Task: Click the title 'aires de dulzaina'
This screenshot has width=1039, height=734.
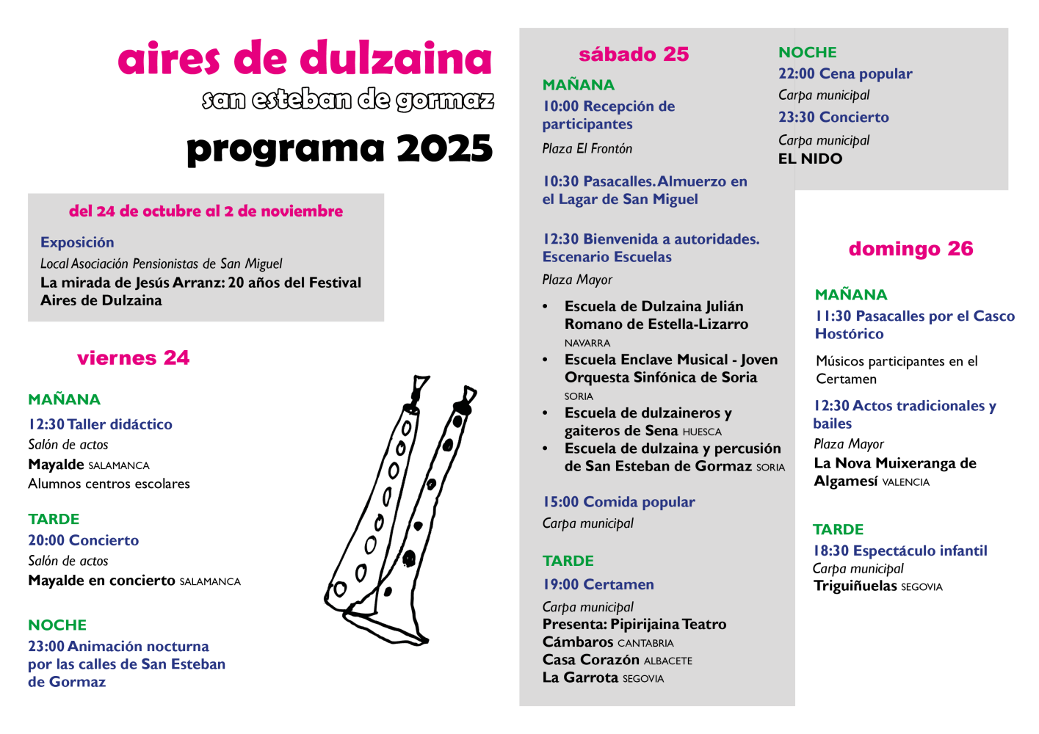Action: [304, 59]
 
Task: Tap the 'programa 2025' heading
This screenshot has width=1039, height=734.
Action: [339, 148]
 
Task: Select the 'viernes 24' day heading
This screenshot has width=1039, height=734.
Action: [133, 358]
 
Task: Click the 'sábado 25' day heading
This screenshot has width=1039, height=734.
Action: [634, 54]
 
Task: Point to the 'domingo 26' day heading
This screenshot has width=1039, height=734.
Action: [911, 249]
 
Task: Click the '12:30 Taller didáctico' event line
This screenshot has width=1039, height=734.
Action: [101, 424]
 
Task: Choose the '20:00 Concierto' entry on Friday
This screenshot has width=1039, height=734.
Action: [84, 540]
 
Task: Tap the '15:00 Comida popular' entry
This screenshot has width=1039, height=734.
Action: [618, 502]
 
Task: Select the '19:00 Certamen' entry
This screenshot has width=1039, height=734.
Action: [598, 585]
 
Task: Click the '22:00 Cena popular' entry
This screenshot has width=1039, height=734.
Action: [845, 74]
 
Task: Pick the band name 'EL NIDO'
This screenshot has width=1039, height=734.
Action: [810, 159]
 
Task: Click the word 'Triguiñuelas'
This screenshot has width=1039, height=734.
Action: [855, 586]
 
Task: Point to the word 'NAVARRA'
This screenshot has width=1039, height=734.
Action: [587, 344]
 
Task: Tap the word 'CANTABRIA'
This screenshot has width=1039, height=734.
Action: [645, 644]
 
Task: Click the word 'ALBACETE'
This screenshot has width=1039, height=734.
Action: [667, 661]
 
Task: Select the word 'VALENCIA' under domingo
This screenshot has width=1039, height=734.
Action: [905, 482]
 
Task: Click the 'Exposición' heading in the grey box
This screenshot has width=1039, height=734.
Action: [77, 243]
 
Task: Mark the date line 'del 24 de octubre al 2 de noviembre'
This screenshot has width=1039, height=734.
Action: [206, 211]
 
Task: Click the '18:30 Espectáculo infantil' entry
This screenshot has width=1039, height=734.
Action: [899, 551]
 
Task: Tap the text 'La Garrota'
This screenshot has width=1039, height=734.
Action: [580, 678]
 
